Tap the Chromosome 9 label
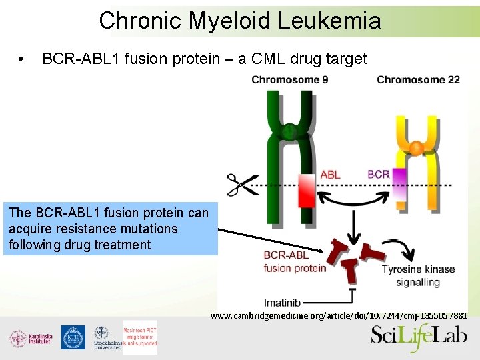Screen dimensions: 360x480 point(289,80)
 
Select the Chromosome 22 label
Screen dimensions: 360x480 point(418,80)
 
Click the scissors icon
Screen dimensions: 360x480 point(243,185)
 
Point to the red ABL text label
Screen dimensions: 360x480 point(330,175)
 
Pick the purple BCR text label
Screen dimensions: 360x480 point(379,175)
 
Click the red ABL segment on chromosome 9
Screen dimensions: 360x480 point(307,189)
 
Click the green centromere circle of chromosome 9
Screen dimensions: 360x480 point(289,132)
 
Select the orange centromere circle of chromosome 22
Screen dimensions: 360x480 point(416,148)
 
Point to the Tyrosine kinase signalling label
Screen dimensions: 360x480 point(418,275)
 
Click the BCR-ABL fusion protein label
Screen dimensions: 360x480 point(294,261)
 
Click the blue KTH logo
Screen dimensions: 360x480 point(73,337)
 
